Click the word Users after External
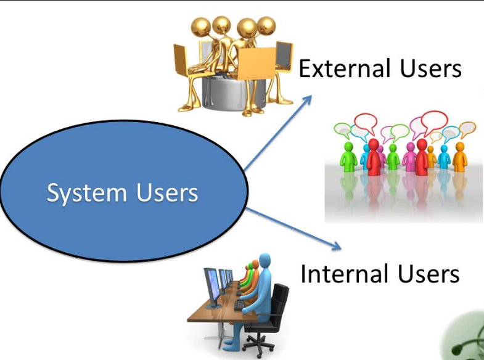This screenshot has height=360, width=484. tap(432, 68)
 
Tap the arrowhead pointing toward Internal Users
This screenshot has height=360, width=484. tap(335, 245)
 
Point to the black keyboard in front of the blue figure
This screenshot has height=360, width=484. tap(239, 305)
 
